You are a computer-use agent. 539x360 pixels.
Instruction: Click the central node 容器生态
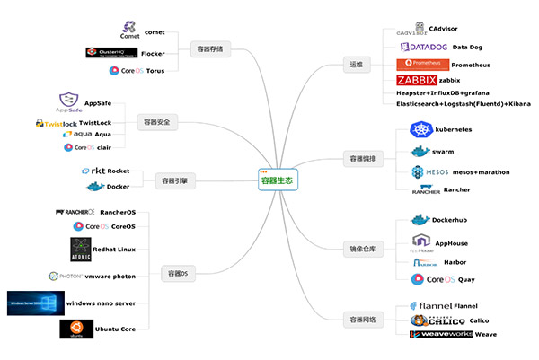(277, 180)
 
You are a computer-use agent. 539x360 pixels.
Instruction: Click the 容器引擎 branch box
(174, 180)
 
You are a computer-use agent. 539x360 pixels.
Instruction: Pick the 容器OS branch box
(178, 272)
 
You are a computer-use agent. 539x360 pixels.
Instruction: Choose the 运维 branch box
(358, 65)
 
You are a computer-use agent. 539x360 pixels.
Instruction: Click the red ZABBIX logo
(417, 81)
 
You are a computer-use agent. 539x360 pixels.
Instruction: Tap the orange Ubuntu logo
(76, 329)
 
